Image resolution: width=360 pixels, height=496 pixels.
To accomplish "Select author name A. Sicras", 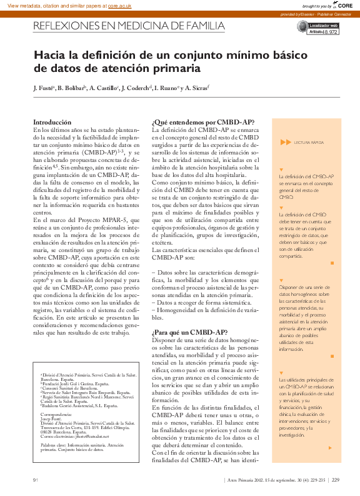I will [196, 89].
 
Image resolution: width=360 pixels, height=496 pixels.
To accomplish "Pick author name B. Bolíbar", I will [71, 89].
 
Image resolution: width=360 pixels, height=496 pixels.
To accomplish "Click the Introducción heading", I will [52, 123].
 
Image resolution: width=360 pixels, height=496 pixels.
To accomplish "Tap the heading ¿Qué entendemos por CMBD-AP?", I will [194, 123].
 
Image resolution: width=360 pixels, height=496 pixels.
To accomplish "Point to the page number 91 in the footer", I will [36, 480].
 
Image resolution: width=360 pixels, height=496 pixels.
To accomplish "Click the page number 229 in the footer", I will [336, 480].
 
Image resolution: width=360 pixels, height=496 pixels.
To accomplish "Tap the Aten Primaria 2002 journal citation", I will [276, 480].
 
